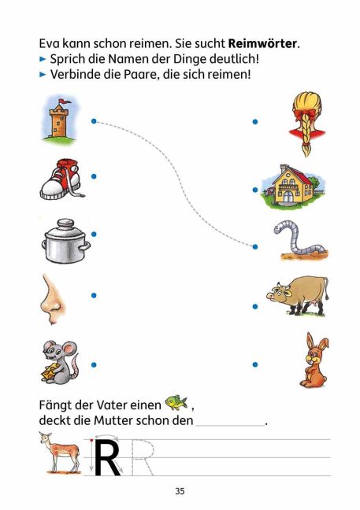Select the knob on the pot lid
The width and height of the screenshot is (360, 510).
coord(65,224)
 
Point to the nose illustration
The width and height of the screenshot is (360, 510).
coord(52,300)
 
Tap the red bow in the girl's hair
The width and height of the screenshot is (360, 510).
coord(306,115)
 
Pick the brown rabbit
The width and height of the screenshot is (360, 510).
coord(314,360)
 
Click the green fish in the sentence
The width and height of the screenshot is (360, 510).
coord(176,403)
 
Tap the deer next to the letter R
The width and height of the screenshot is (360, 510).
coord(60,452)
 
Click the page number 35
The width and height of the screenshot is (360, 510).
coord(180,491)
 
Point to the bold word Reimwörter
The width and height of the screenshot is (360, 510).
coord(262,43)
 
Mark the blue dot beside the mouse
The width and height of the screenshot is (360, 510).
coord(94,365)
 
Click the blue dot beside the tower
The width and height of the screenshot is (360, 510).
coord(94,121)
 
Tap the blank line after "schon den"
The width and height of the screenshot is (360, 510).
coord(231,425)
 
